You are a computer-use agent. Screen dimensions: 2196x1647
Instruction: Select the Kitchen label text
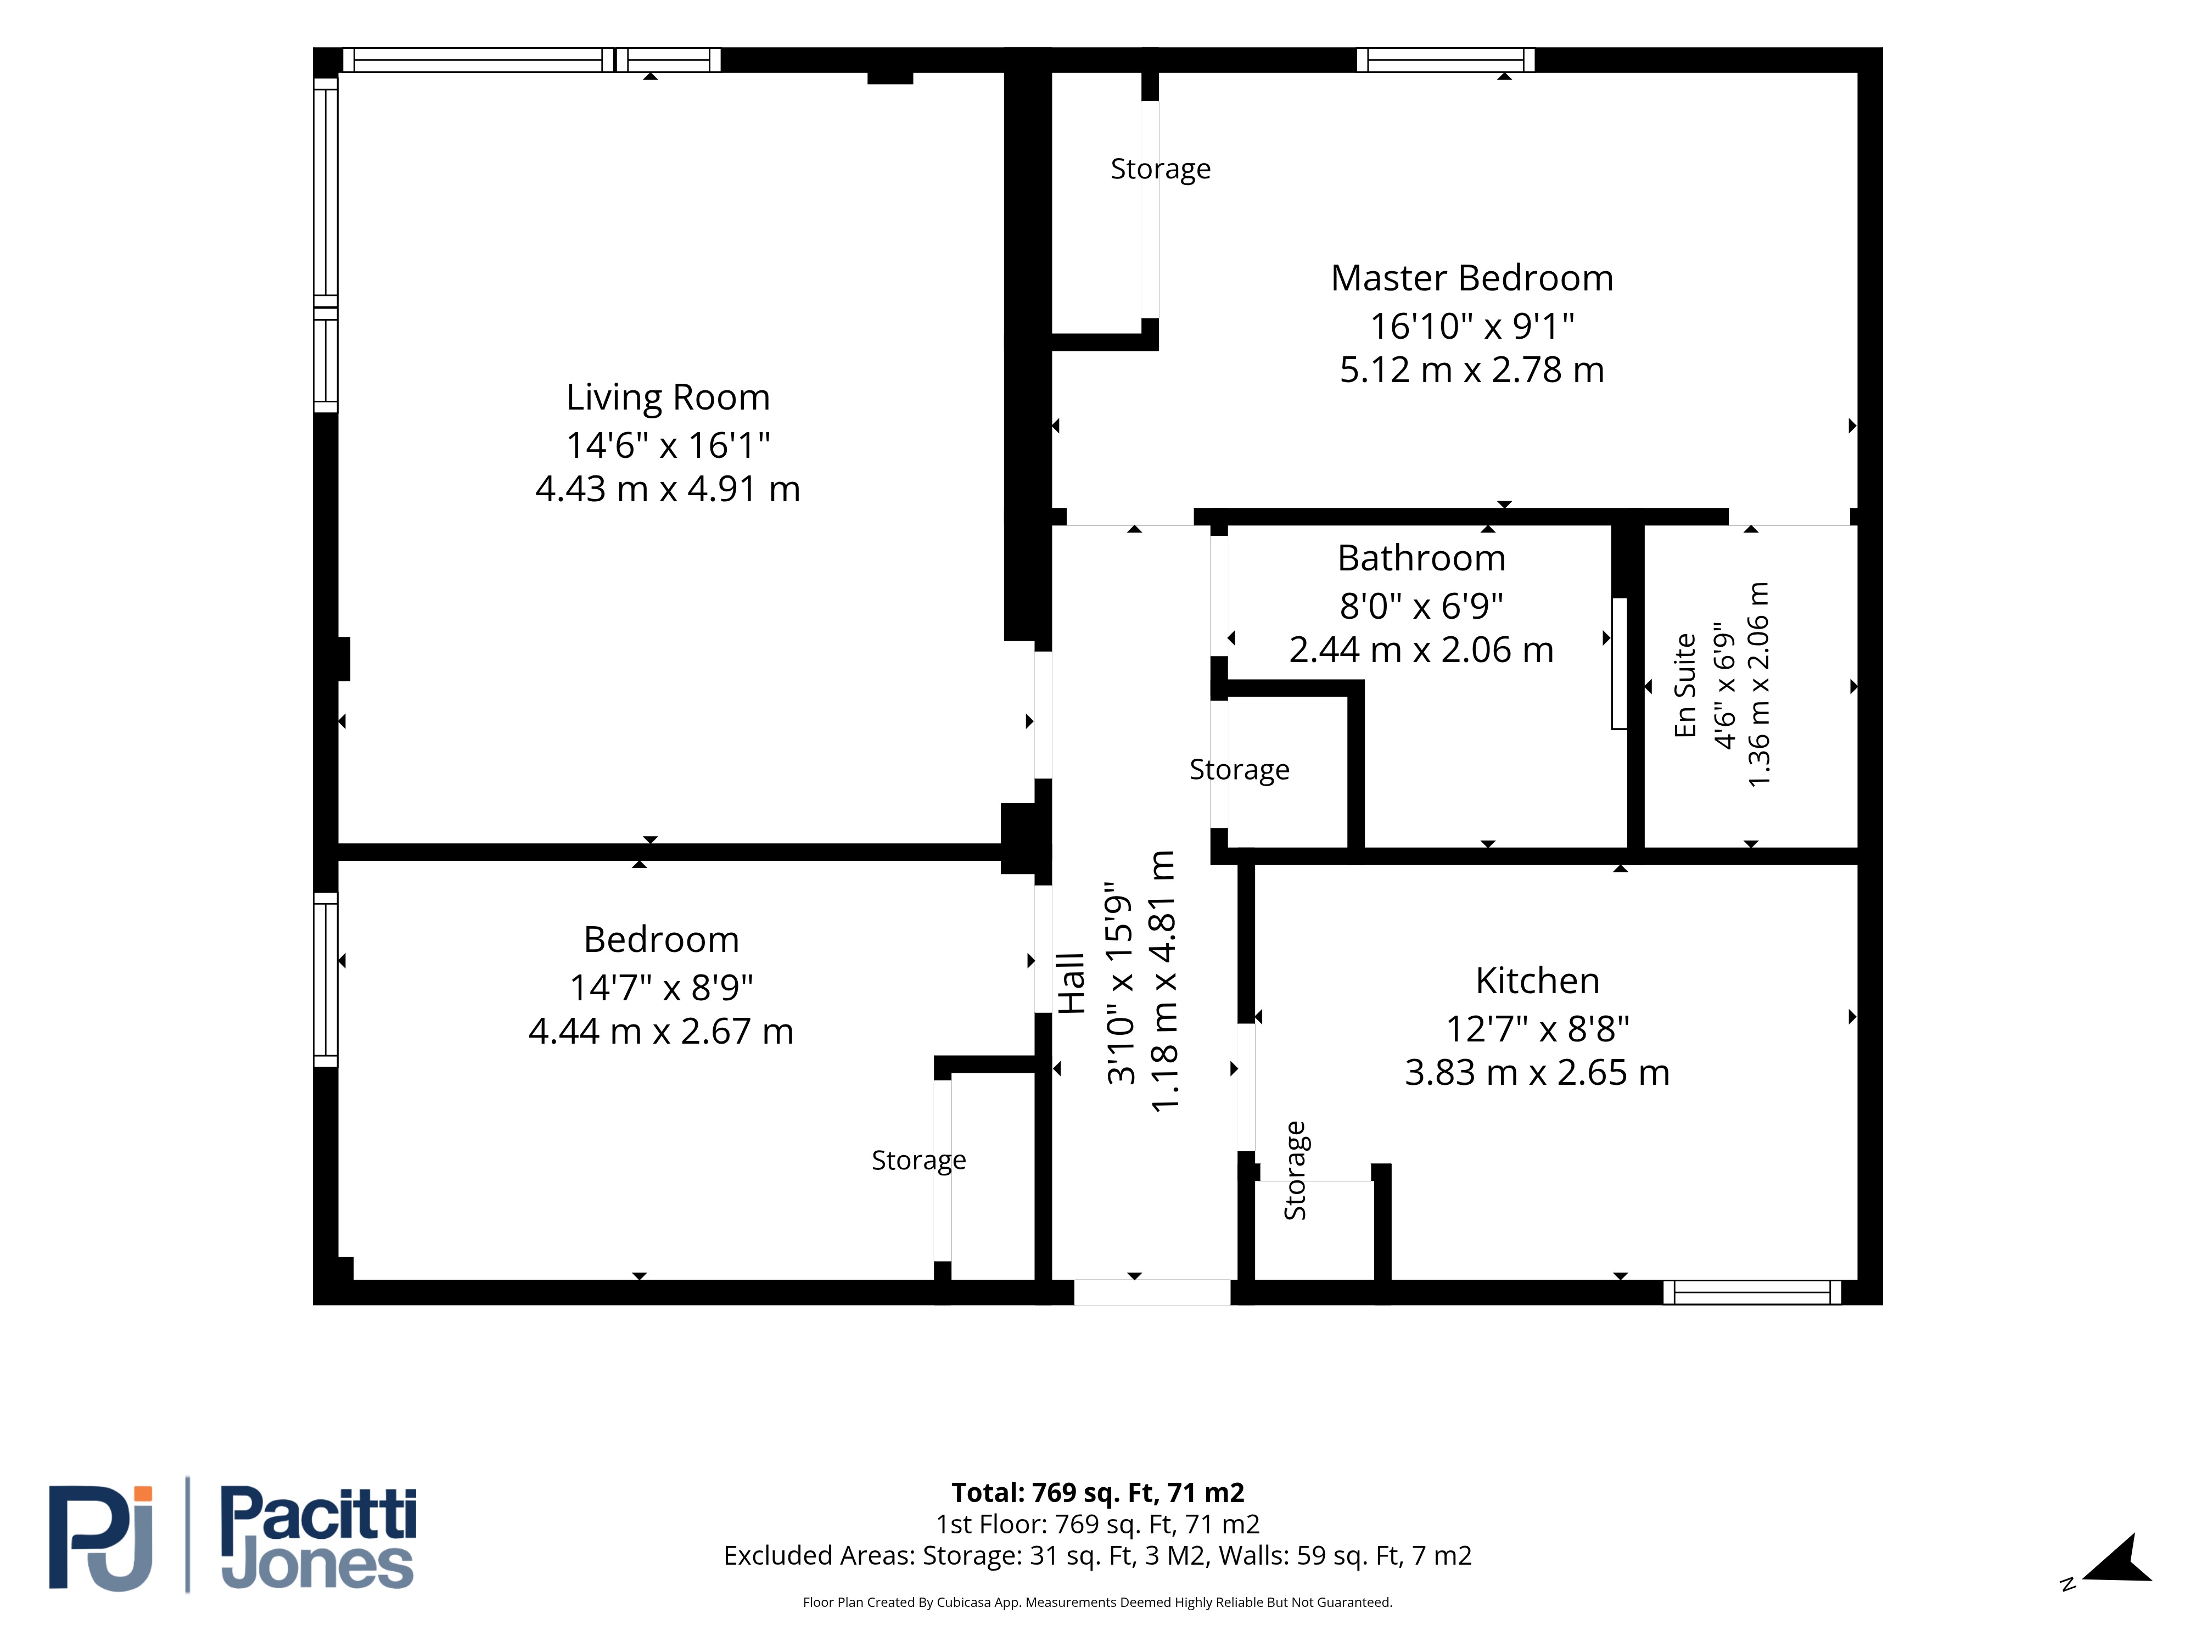pyautogui.click(x=1537, y=981)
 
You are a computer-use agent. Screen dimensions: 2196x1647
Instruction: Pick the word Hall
pyautogui.click(x=1070, y=983)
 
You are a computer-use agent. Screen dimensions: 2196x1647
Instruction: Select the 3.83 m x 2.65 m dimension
pyautogui.click(x=1537, y=1072)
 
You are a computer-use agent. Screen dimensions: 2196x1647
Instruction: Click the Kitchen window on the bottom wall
pyautogui.click(x=1752, y=1292)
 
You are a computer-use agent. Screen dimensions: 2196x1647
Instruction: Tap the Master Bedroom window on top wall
pyautogui.click(x=1446, y=59)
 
